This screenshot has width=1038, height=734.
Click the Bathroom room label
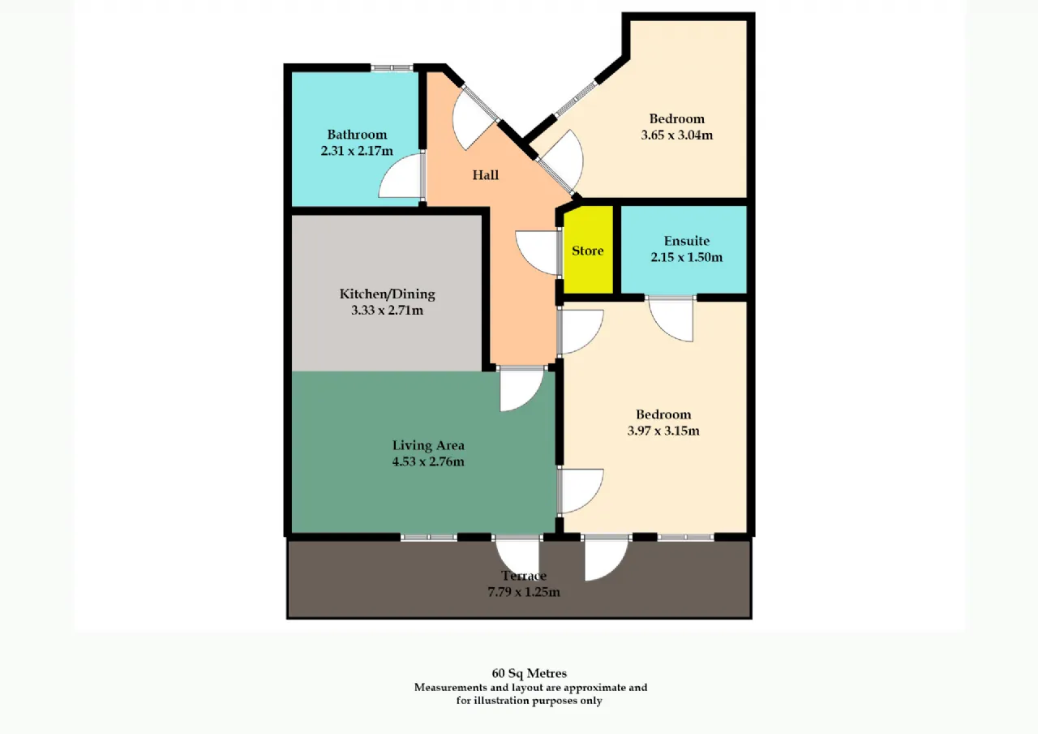click(x=357, y=135)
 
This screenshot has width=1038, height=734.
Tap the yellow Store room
click(x=588, y=251)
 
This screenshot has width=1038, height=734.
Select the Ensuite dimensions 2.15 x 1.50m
click(x=686, y=257)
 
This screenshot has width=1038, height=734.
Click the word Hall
click(x=486, y=174)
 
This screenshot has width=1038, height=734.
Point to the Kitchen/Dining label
click(x=388, y=294)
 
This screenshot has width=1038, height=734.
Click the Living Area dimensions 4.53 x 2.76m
click(x=428, y=461)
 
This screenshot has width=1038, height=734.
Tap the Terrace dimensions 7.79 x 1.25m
click(x=524, y=592)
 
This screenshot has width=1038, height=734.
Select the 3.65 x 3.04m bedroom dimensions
click(x=677, y=135)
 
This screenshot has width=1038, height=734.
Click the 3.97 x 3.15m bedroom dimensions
click(x=663, y=431)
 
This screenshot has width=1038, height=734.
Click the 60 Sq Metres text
click(x=530, y=673)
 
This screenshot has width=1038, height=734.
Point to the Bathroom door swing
click(x=401, y=176)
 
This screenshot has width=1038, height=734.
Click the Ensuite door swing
click(x=671, y=320)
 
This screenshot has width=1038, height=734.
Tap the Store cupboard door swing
click(x=538, y=253)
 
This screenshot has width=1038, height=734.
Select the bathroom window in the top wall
click(x=392, y=68)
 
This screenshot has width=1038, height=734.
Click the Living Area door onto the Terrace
click(x=517, y=558)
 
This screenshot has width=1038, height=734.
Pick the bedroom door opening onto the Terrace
click(x=606, y=558)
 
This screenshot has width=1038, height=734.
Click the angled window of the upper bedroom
click(x=575, y=99)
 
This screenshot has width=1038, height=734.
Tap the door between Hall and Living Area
click(x=521, y=389)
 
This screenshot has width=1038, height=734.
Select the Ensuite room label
click(x=687, y=241)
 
